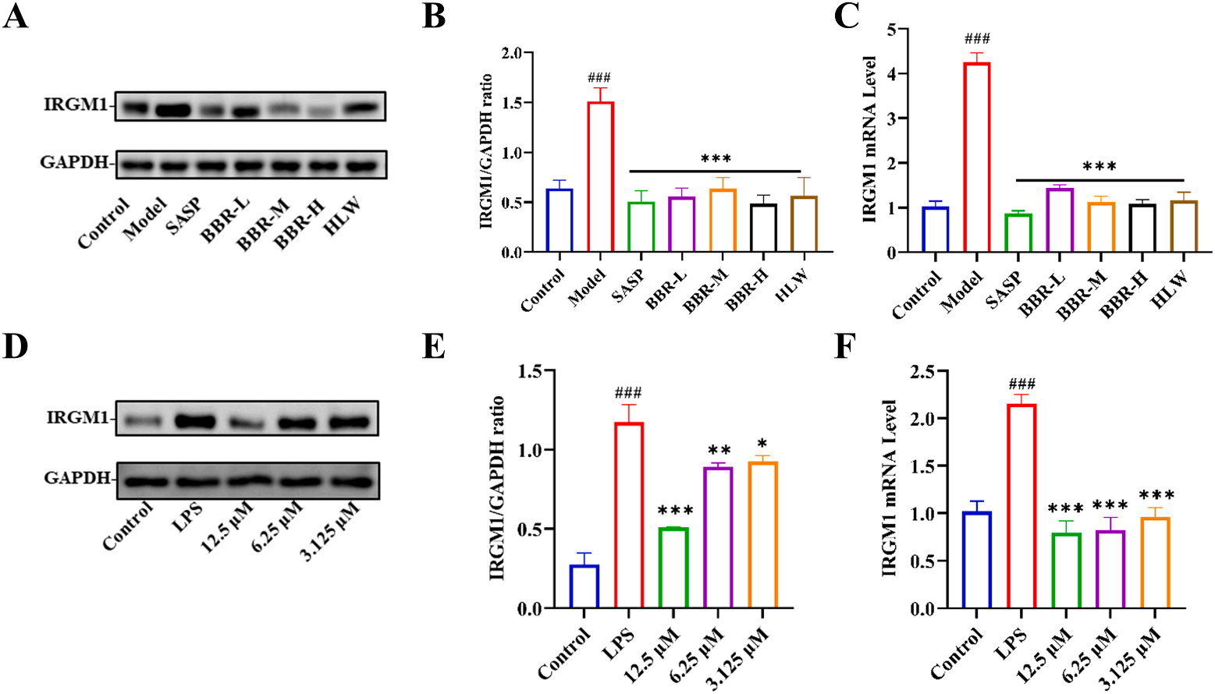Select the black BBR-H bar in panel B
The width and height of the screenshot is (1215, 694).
click(x=763, y=228)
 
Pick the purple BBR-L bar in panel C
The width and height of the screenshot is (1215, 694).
click(x=1060, y=220)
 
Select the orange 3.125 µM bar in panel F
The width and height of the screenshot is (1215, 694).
click(x=1155, y=562)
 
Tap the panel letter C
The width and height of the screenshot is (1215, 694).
click(x=847, y=16)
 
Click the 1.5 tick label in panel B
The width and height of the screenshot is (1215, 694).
click(x=511, y=103)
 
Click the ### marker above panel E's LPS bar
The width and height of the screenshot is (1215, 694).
click(x=628, y=393)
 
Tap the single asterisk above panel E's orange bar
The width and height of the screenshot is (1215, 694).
click(x=762, y=444)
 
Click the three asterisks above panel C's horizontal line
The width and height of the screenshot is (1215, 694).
click(x=1099, y=166)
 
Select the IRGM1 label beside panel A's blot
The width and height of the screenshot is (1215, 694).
click(x=75, y=104)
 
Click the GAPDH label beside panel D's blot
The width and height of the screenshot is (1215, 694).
click(x=76, y=477)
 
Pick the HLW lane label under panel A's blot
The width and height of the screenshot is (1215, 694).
click(x=344, y=214)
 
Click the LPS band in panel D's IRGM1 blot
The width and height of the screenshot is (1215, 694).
click(x=195, y=422)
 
